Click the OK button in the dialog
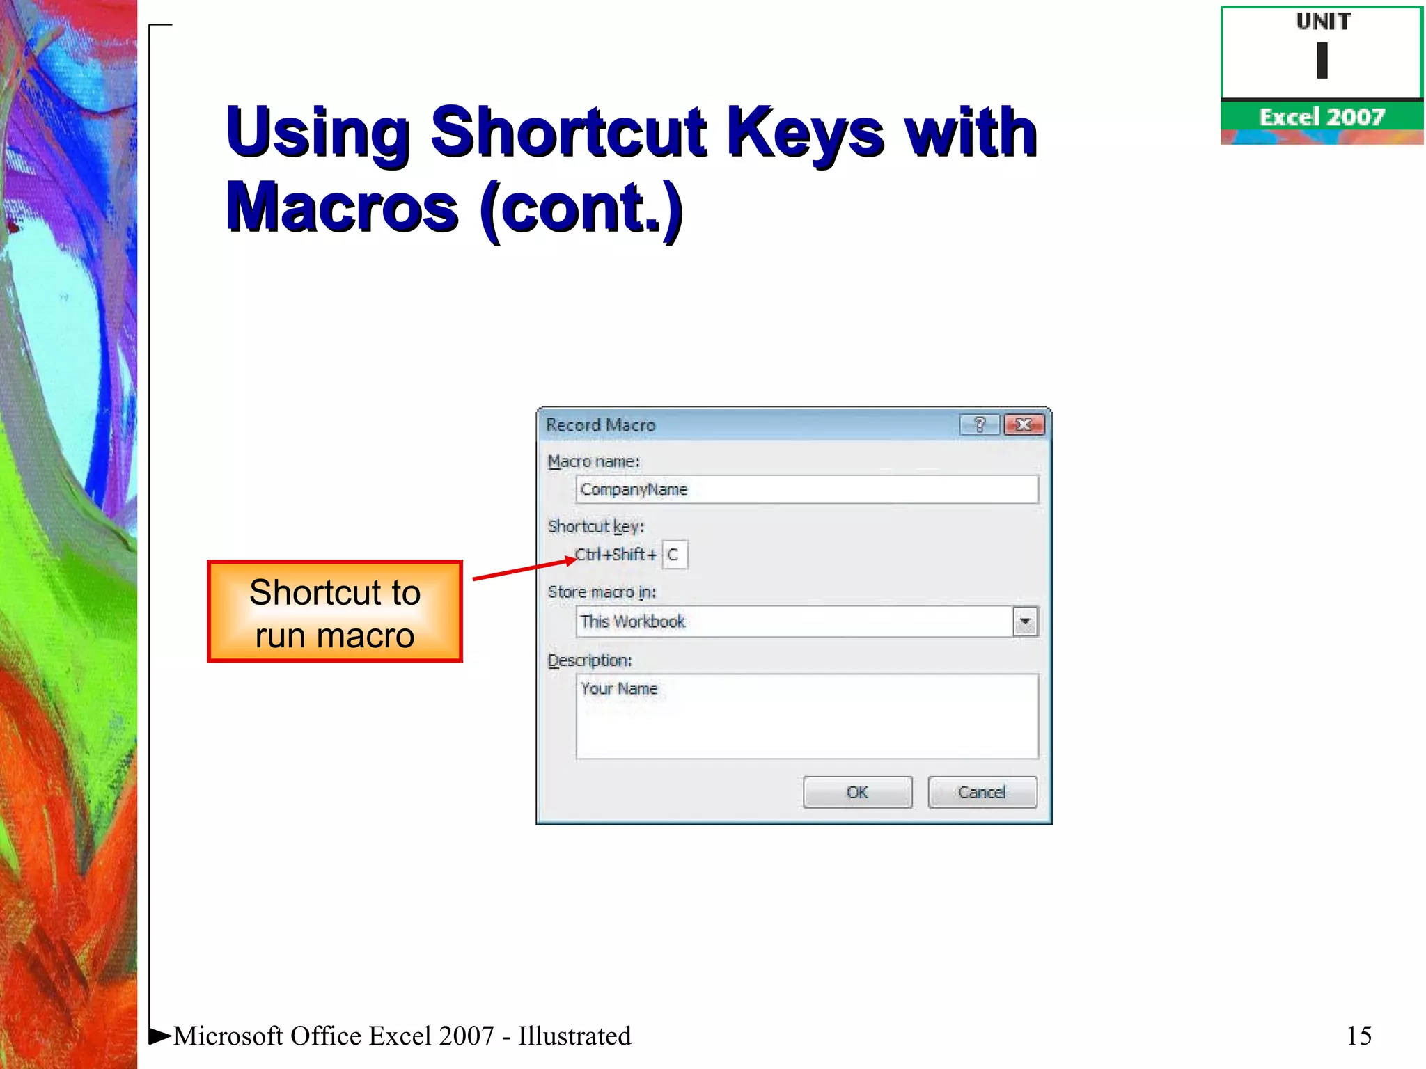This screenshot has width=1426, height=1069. pos(857,792)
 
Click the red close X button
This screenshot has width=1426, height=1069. pos(1024,425)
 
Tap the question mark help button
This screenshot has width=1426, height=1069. pos(980,425)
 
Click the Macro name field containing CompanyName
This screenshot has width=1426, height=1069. pos(806,489)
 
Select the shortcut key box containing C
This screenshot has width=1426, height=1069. pos(674,555)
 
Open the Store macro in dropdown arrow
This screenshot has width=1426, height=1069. pos(1025,621)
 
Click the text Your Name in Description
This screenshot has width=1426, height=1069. pos(619,688)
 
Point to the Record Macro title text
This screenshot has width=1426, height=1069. pos(600,425)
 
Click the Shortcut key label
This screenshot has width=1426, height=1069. pos(595,527)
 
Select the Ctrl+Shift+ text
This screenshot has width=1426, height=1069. pos(616,555)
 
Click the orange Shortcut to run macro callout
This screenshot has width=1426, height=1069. pos(335,612)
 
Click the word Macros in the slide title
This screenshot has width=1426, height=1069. pos(342,207)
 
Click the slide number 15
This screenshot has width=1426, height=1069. pos(1358,1036)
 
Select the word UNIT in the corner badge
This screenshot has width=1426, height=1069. pos(1322,22)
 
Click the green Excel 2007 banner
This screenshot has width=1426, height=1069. pos(1322,116)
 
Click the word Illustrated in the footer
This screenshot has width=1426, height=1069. pos(574,1036)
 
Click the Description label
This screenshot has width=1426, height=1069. pos(590,660)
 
